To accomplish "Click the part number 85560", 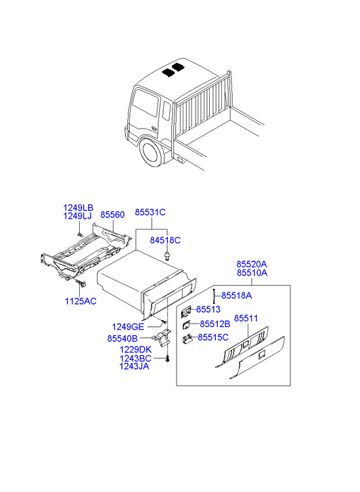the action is pos(112,215).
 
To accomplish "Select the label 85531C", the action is pos(150,212).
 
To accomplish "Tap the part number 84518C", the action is pos(165,240).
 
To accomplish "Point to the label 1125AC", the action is pos(81,301).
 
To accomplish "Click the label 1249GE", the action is pos(128,327).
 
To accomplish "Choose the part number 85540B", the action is pos(122,338).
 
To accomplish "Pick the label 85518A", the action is pos(237,296).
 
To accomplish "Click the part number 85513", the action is pos(208,309).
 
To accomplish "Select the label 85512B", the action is pos(215,323).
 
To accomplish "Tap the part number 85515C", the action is pos(213,337).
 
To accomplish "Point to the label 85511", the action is pos(246,318).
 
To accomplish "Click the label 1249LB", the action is pos(78,208).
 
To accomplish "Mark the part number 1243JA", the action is pos(135,366).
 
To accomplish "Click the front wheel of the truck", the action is pos(152,154).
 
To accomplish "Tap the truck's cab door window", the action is pos(145,104).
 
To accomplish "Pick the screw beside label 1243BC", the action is pos(167,359).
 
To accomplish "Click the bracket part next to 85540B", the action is pos(162,337).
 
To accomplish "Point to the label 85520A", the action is pos(252,264).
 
